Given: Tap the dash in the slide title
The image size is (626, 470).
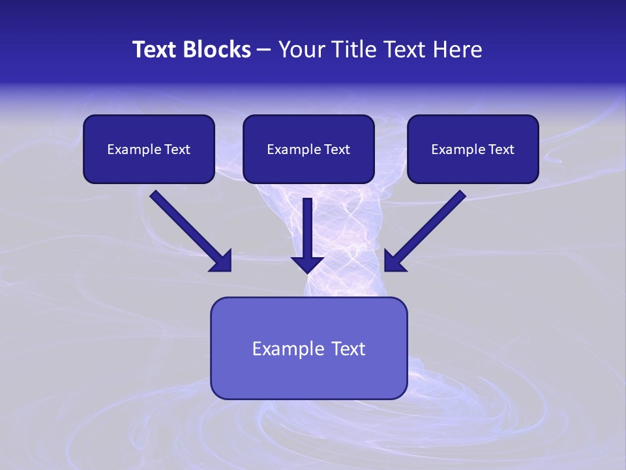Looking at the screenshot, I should (x=263, y=50).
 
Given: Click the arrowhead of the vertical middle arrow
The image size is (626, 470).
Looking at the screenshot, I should (x=307, y=264).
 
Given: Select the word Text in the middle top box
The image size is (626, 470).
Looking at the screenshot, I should (x=337, y=149).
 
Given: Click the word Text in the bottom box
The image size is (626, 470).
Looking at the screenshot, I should (x=349, y=349).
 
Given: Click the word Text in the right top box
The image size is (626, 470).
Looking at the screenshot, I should (x=501, y=149).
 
